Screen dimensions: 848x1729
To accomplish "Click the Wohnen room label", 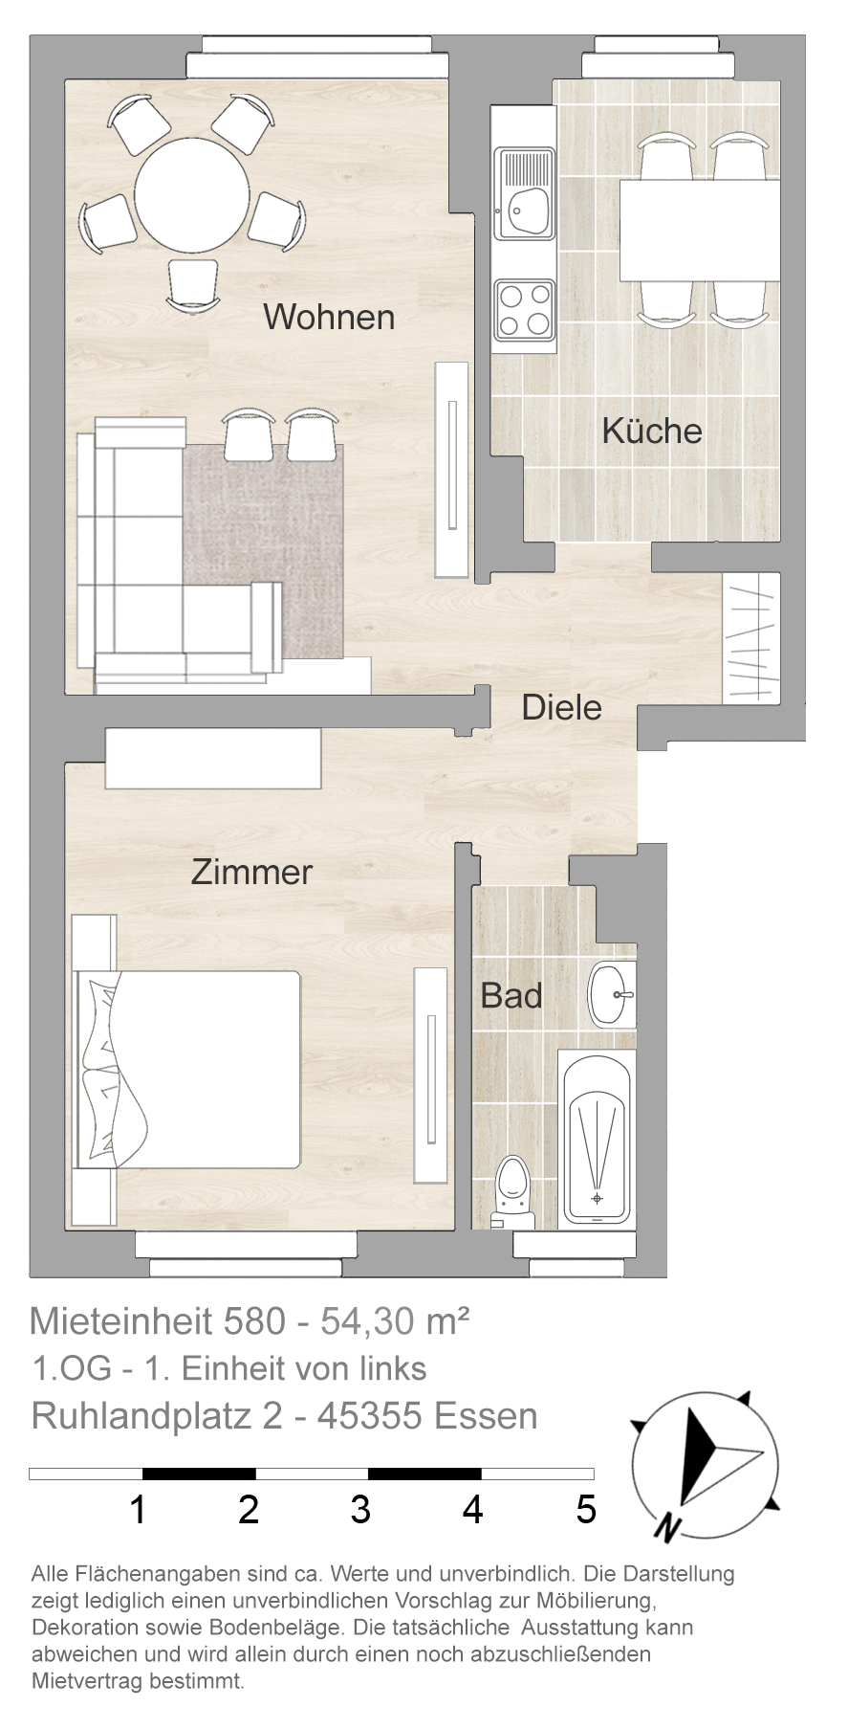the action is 329,317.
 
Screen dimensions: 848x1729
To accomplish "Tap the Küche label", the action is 652,431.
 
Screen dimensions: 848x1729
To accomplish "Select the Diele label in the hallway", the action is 562,708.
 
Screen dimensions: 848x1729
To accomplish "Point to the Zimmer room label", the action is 251,872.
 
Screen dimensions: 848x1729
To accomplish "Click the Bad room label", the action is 511,995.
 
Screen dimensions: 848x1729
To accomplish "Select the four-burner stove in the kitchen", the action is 524,310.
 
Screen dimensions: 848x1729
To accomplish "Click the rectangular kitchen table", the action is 701,230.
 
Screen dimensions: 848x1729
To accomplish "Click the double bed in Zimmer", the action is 186,1069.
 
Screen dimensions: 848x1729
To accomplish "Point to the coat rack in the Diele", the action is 751,636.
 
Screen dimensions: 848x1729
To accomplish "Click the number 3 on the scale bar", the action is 360,1509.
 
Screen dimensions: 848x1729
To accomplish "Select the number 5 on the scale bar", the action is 586,1509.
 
